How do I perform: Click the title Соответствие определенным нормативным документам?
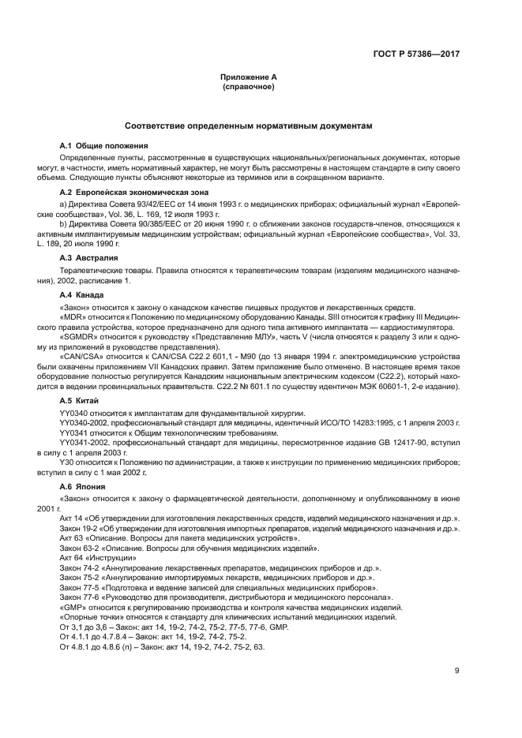(x=249, y=126)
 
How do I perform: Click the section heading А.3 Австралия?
(x=89, y=257)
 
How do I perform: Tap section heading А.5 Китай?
(x=81, y=402)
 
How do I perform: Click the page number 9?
(x=457, y=672)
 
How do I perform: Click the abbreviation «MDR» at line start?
(x=73, y=317)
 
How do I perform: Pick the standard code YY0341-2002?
(x=83, y=444)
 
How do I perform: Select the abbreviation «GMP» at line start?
(x=73, y=608)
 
